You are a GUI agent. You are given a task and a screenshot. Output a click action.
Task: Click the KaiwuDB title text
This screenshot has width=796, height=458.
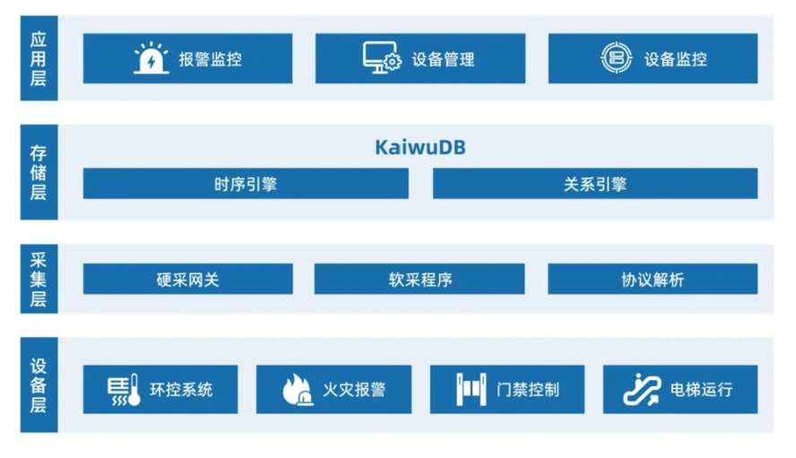tap(420, 147)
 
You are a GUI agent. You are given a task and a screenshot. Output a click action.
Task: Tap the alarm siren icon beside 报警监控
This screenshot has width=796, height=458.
tap(151, 58)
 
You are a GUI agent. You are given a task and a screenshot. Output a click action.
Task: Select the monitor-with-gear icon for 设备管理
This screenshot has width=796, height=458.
tap(382, 58)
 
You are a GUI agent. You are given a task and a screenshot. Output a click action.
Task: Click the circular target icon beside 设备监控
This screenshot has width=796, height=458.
tap(617, 58)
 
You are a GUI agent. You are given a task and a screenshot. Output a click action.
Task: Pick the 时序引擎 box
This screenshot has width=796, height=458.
tap(246, 184)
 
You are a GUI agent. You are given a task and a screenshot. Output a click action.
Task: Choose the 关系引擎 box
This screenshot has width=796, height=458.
tap(595, 184)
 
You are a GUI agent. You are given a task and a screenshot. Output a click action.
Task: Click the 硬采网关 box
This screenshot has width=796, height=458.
tap(188, 279)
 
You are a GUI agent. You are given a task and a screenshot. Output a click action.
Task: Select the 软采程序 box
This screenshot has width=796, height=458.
tap(420, 279)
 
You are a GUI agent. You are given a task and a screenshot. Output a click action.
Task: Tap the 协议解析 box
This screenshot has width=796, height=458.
tap(653, 279)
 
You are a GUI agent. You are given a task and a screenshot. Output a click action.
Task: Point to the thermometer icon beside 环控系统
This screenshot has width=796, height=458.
tap(124, 390)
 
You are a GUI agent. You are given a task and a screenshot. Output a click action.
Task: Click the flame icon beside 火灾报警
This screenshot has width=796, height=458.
tap(298, 390)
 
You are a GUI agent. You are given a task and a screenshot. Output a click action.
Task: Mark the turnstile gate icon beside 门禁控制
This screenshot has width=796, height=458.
tap(472, 390)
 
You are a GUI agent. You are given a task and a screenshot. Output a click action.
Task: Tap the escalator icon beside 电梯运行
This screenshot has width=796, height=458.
tap(642, 390)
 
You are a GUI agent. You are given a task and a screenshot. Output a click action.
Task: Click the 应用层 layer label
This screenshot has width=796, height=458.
tap(39, 58)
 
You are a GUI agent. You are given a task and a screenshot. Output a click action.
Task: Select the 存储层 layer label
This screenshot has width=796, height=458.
tap(39, 172)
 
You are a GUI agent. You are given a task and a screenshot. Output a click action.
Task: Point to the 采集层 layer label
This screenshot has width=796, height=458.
tap(39, 279)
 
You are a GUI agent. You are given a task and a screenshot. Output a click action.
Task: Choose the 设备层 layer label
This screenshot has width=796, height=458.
tap(39, 385)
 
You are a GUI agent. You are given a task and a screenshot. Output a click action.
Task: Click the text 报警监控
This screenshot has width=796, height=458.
tap(210, 59)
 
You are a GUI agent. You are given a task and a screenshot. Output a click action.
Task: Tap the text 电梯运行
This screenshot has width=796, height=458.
tap(701, 390)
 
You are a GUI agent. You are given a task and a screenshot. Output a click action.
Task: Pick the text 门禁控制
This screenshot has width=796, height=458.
tap(528, 390)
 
